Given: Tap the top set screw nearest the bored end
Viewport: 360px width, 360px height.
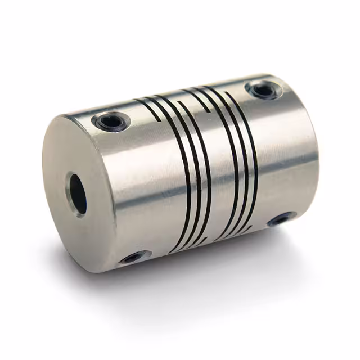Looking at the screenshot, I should (x=107, y=120).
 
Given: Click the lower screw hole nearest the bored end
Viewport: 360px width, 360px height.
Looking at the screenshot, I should (x=133, y=257).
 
